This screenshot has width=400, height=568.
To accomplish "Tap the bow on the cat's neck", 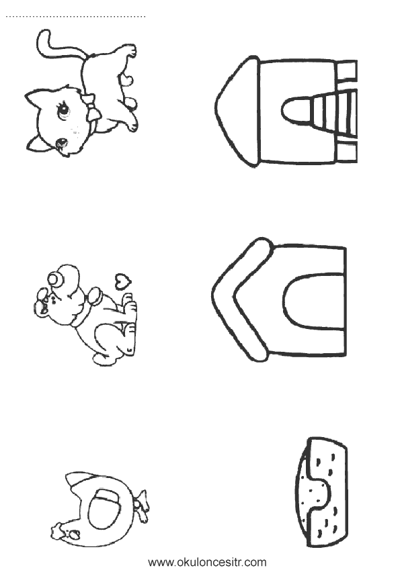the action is pyautogui.click(x=91, y=107).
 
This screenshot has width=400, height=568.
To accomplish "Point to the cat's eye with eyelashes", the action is pyautogui.click(x=63, y=111).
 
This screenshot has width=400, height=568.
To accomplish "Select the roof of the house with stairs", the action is pyautogui.click(x=237, y=112).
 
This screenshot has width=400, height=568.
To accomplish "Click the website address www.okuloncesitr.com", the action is pyautogui.click(x=207, y=561).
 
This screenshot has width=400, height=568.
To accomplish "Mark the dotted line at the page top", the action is pyautogui.click(x=75, y=16).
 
